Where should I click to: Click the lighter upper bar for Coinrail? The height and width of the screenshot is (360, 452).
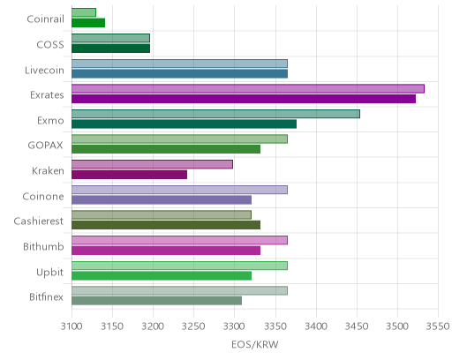84,12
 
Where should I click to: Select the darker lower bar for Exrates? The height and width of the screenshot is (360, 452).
244,99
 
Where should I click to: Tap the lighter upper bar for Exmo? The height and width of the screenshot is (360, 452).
215,114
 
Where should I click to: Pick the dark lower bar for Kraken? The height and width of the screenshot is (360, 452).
130,175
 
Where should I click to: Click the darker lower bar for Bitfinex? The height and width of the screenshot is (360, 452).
157,301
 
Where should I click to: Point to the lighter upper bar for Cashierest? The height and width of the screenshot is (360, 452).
162,214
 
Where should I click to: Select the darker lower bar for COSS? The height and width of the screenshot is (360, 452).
111,49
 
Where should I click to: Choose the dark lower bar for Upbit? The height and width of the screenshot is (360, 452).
162,276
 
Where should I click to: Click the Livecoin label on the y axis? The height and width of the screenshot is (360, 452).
44,71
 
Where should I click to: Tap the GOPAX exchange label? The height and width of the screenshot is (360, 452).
45,146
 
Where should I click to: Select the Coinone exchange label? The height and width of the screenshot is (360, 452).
43,196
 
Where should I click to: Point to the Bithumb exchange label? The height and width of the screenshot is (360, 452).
43,246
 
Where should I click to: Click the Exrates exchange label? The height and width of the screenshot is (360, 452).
47,95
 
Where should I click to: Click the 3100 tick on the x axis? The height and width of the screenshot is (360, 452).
72,326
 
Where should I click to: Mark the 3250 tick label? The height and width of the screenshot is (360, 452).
193,326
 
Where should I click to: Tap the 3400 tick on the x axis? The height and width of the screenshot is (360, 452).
316,326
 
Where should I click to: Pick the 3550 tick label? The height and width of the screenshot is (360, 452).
438,326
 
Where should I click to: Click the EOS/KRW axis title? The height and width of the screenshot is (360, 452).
255,344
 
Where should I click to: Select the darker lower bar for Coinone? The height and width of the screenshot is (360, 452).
162,200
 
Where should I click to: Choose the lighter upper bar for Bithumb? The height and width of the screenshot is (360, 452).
179,240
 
